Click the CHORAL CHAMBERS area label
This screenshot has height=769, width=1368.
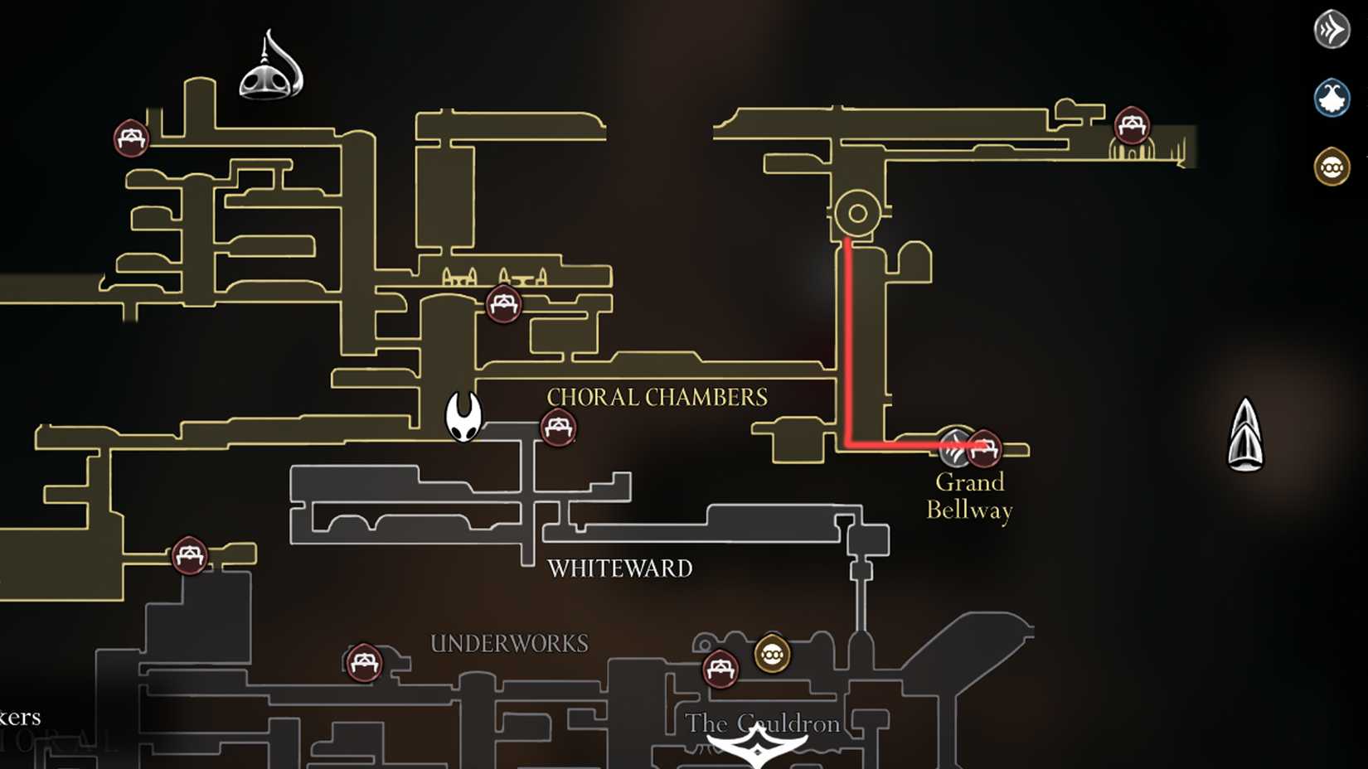[657, 398]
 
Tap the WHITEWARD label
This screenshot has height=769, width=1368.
[619, 568]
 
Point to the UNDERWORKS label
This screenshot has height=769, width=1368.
[509, 644]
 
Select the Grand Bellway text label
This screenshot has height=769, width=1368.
[969, 496]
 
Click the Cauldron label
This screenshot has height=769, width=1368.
[763, 724]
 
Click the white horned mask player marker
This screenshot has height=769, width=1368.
[463, 416]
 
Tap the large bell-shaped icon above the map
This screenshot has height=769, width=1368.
[271, 66]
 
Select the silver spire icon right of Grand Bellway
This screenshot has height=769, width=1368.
[1245, 435]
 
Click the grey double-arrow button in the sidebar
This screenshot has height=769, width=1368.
[1332, 30]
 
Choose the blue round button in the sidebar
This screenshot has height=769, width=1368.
[1332, 98]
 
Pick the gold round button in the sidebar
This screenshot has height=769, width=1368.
[1332, 167]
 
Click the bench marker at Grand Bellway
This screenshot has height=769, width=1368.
[984, 448]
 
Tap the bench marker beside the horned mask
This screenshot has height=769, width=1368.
[558, 428]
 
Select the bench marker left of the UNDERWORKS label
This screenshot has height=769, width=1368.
[363, 662]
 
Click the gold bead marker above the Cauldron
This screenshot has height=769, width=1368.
[772, 655]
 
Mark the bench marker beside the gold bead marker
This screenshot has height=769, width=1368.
[720, 668]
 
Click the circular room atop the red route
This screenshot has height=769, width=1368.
[857, 213]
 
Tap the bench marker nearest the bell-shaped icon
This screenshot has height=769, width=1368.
[131, 138]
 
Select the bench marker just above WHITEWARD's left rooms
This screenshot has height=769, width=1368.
[503, 304]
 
